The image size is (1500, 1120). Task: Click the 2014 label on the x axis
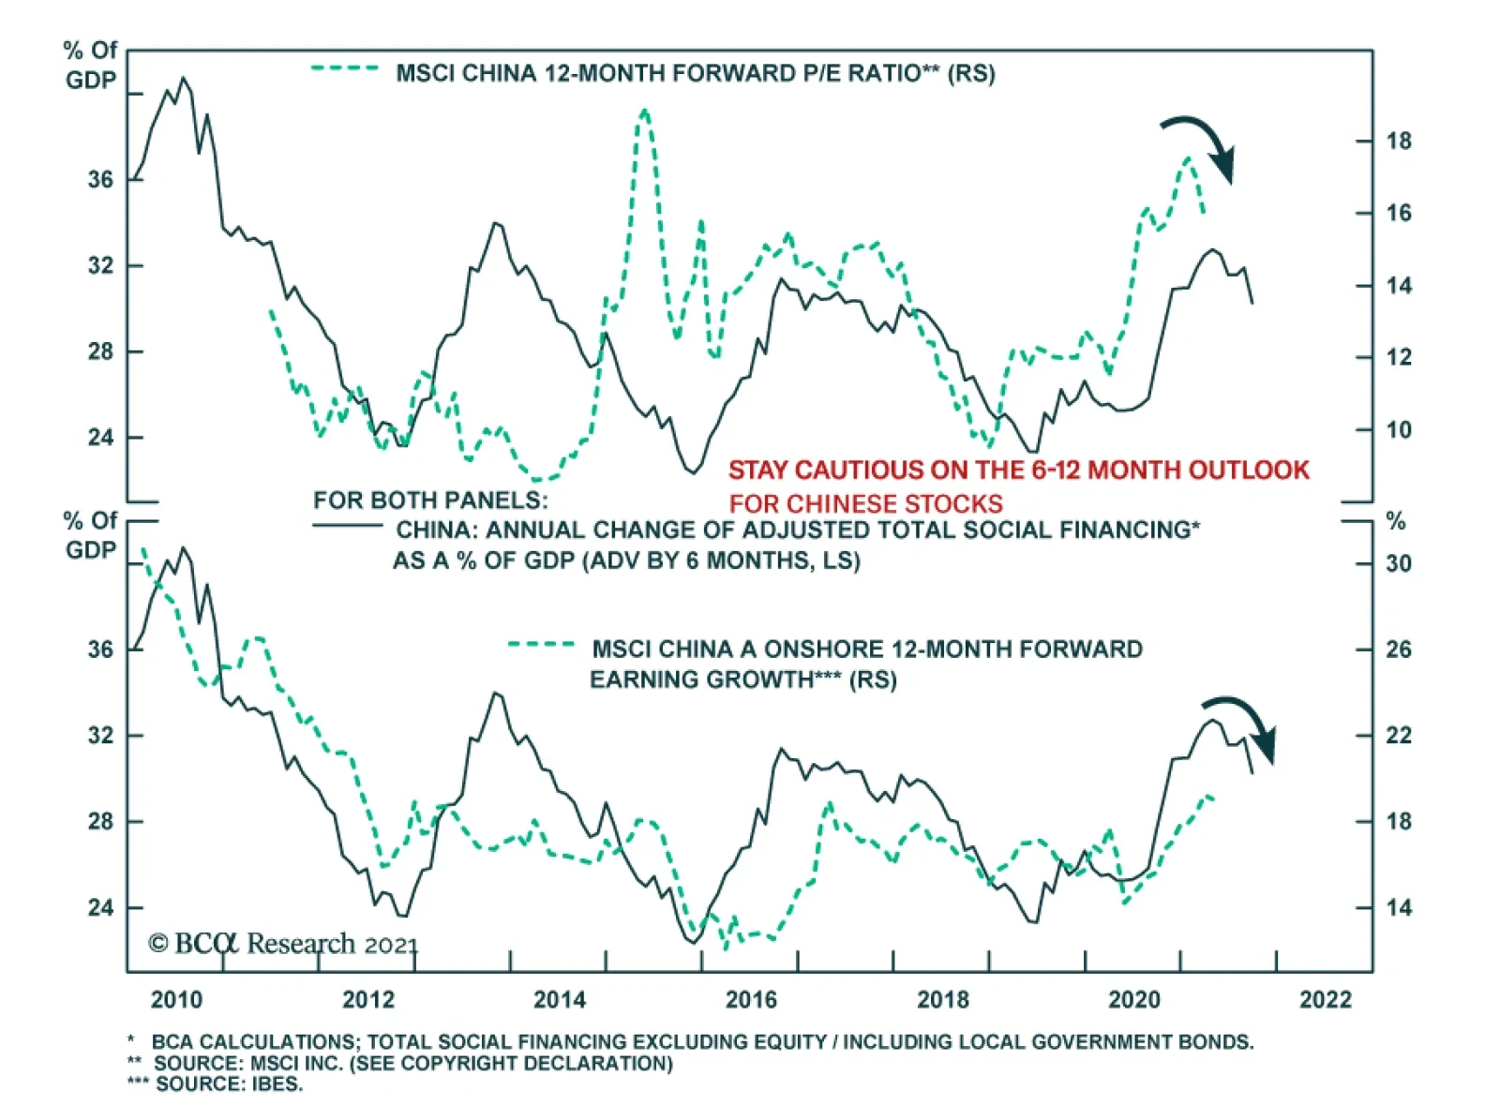pos(560,1000)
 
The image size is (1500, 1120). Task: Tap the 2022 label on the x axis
pos(1326,1000)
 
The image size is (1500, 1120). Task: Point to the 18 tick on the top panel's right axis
pos(1399,142)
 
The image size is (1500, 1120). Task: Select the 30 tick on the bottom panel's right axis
pos(1399,564)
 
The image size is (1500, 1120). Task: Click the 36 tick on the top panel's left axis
pos(101,179)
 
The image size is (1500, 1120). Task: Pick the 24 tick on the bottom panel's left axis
pos(101,907)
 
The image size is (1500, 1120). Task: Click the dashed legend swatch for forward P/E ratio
pos(345,68)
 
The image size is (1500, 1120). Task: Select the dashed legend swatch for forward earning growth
pos(541,644)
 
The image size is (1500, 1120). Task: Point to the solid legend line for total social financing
pos(347,525)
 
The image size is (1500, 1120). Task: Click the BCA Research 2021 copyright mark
pos(282,943)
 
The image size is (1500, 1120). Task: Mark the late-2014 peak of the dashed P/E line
pos(644,112)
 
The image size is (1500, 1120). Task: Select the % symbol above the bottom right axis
pos(1396,521)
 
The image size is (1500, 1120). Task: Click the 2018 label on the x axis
pos(943,1000)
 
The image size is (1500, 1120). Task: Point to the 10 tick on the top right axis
pos(1399,430)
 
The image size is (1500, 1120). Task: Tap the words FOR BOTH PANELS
pos(430,500)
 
